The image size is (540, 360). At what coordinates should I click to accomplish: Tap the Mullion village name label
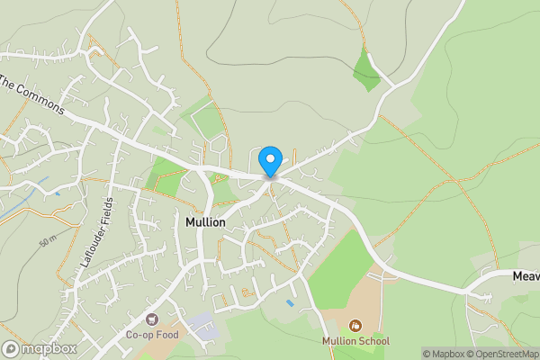click(x=205, y=221)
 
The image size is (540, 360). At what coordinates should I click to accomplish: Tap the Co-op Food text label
click(x=152, y=335)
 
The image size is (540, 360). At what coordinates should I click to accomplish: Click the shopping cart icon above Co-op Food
click(x=152, y=319)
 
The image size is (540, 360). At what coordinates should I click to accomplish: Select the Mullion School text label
click(x=356, y=341)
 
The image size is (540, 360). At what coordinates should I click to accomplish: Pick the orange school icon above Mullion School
click(x=356, y=325)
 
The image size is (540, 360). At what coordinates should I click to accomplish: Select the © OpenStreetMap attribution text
click(x=502, y=354)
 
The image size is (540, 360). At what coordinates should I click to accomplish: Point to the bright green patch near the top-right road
click(x=366, y=69)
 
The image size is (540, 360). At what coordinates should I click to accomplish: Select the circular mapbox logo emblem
click(x=11, y=349)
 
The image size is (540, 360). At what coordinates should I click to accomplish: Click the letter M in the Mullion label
click(x=189, y=221)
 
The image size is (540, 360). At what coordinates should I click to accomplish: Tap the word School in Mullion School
click(x=373, y=341)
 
